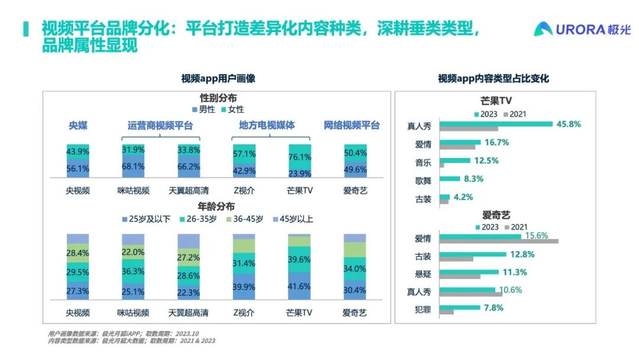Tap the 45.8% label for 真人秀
point(567,124)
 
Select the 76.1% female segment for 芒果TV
point(299,156)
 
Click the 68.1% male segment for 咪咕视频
point(133,166)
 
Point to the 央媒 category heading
point(78,126)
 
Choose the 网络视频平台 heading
point(352,126)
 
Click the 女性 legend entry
point(232,110)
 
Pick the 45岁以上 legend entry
point(293,219)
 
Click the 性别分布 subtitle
point(218,98)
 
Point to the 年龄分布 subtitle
point(218,207)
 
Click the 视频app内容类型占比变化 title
point(493,78)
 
